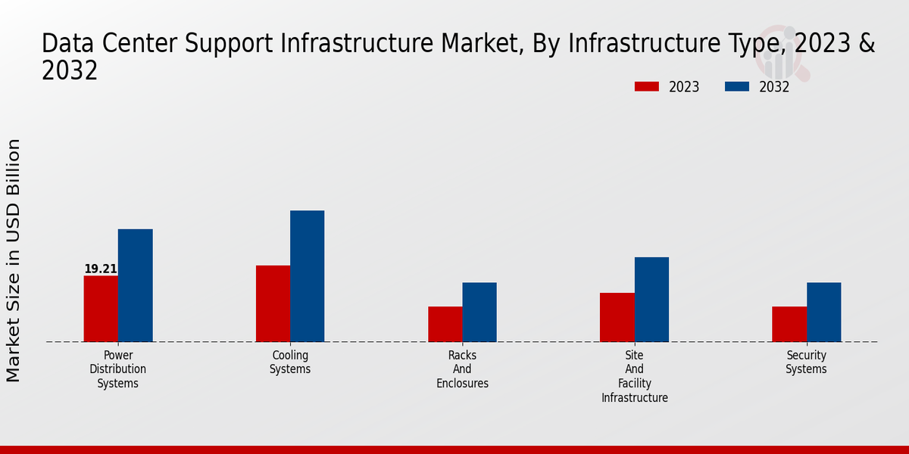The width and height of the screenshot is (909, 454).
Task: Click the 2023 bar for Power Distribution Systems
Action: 101,309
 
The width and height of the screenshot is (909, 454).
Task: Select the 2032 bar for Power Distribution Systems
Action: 135,285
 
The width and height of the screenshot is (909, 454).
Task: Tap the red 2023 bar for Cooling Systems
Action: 273,303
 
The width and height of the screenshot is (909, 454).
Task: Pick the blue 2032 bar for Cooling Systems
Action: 307,276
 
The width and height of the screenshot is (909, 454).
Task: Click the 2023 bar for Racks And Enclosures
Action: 445,324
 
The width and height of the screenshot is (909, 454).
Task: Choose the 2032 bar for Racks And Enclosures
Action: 479,312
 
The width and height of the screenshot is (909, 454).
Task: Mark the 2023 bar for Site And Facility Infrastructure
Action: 617,317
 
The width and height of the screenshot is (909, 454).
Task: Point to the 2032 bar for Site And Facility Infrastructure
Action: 651,300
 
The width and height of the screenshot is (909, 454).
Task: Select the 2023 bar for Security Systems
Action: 789,324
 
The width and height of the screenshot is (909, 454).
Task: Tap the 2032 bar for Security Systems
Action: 823,312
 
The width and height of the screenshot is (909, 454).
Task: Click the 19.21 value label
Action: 101,269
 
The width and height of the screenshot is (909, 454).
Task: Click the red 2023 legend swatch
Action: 647,86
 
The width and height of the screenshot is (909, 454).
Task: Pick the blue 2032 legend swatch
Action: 736,86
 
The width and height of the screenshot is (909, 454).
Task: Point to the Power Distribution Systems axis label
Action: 118,369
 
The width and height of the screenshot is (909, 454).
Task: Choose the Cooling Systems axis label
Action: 290,362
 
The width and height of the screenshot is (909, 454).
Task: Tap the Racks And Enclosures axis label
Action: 462,369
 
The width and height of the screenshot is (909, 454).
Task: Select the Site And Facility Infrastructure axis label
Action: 635,376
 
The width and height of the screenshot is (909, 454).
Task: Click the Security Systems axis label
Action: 806,362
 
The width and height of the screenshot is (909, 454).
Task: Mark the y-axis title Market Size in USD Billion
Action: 14,260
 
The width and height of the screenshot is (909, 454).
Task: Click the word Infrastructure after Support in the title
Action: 342,44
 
